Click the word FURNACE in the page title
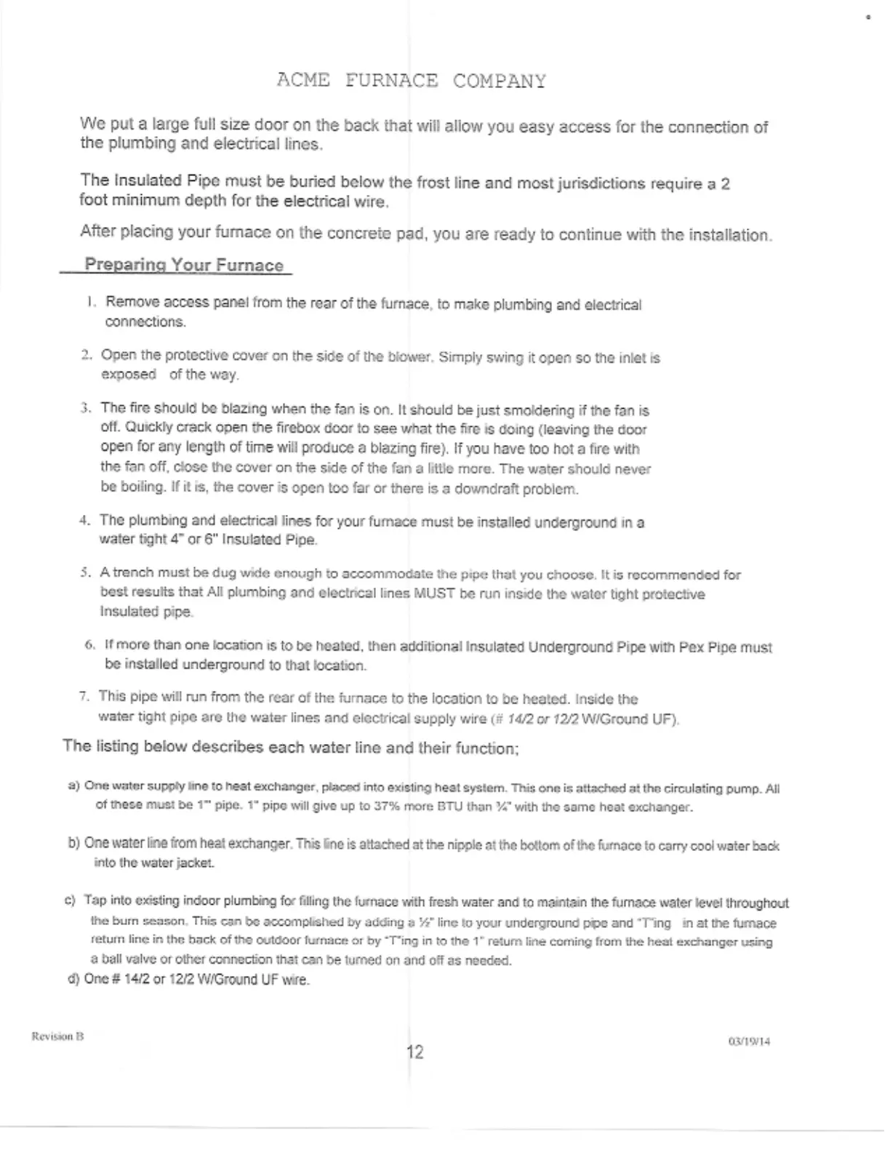(x=392, y=81)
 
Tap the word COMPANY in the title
(x=500, y=81)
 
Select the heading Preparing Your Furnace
(x=184, y=265)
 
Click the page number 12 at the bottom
(x=414, y=1052)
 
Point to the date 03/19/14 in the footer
(x=749, y=1041)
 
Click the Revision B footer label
(x=57, y=1036)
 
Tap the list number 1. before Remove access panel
(x=91, y=302)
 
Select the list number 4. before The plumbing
(x=84, y=521)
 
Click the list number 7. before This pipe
(x=84, y=697)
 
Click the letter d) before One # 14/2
(x=73, y=979)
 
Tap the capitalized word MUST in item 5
(x=434, y=593)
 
